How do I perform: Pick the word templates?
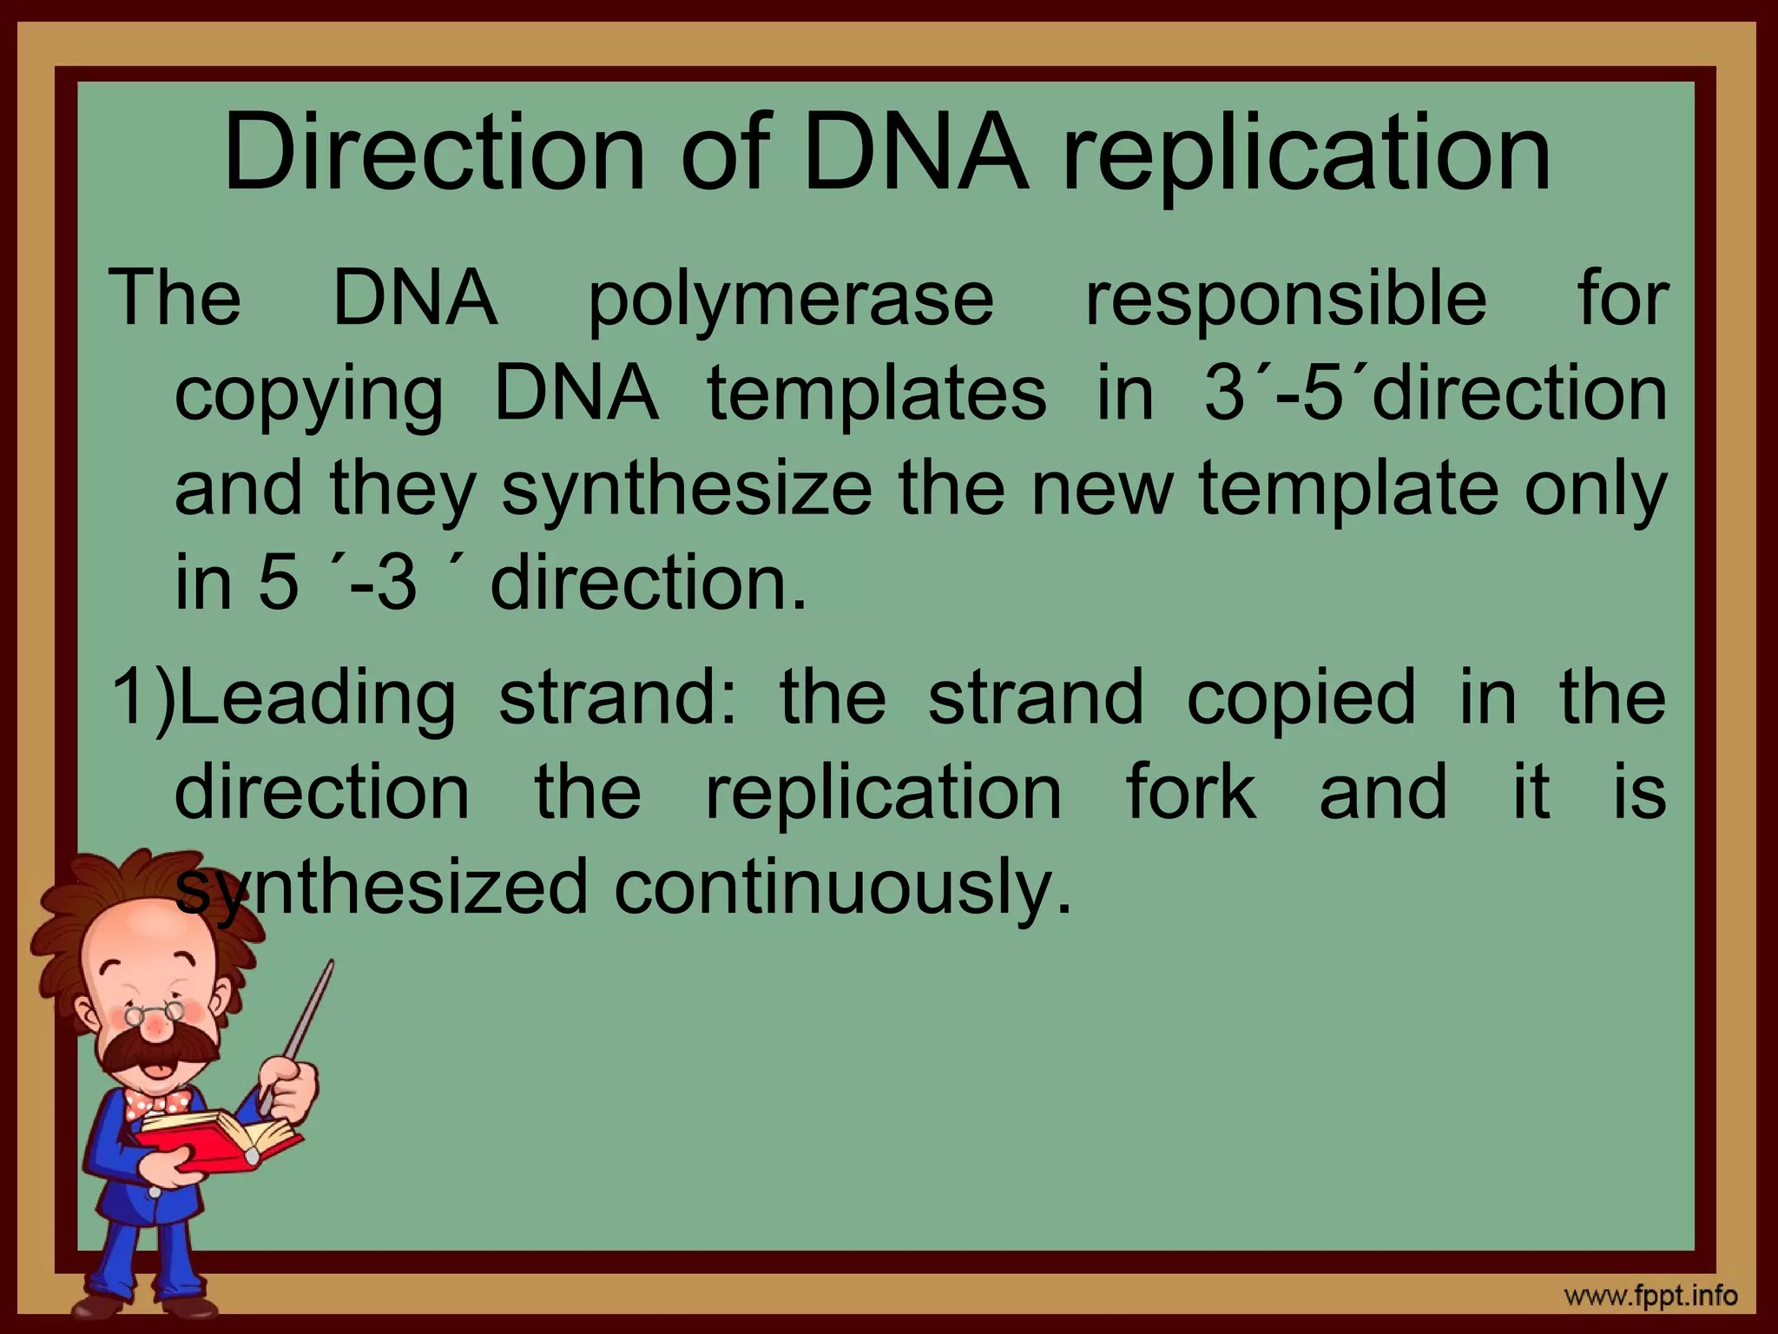pyautogui.click(x=877, y=393)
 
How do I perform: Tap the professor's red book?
pyautogui.click(x=222, y=1138)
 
